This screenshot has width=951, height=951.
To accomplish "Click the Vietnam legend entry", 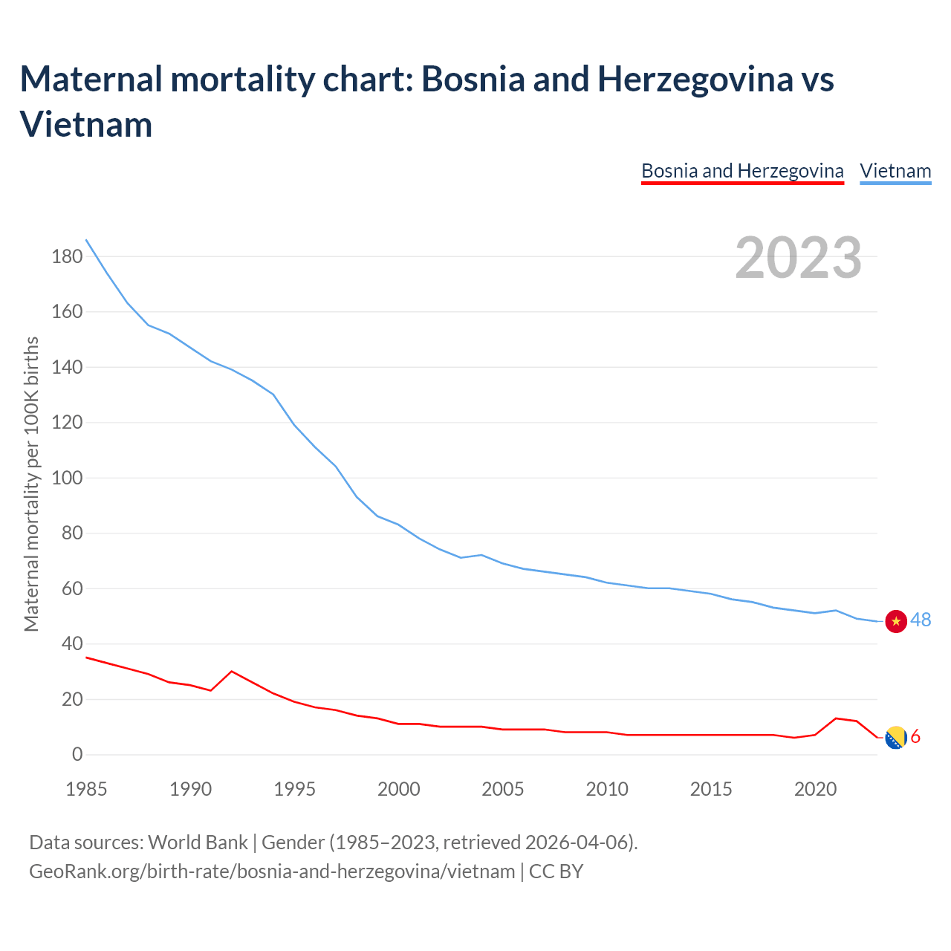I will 895,171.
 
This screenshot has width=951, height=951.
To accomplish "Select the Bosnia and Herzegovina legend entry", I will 742,171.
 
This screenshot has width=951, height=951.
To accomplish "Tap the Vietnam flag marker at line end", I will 896,621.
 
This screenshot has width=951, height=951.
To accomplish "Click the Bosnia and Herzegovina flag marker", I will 896,737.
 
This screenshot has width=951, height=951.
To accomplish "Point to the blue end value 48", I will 921,620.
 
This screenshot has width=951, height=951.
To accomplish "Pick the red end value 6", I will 915,736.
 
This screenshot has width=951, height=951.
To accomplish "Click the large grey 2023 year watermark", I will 799,258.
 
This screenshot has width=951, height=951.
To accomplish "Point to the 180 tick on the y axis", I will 67,257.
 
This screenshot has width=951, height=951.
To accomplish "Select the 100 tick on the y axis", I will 67,478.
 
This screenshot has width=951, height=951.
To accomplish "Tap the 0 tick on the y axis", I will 77,755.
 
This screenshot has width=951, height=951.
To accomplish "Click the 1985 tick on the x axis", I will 86,789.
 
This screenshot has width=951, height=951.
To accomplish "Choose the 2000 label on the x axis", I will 399,789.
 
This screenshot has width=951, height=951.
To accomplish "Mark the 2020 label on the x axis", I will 816,789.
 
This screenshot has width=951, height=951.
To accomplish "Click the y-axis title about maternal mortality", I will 31,484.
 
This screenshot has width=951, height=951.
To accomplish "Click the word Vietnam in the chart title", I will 86,124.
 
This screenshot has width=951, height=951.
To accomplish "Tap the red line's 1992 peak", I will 232,671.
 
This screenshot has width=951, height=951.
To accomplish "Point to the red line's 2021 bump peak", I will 837,718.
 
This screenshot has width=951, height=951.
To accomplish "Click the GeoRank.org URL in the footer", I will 272,871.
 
